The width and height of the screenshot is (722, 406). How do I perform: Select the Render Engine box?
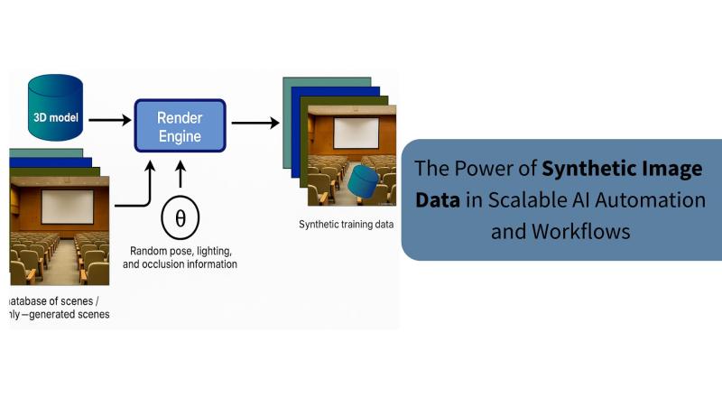(x=180, y=126)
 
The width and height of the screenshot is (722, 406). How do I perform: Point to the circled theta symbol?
(x=180, y=217)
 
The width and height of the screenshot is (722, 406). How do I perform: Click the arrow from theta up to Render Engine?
(x=180, y=175)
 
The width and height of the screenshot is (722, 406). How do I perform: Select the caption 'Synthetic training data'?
(x=346, y=224)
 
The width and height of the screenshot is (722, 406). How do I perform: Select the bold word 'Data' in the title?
(x=437, y=199)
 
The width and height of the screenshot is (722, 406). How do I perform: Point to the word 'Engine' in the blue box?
(x=180, y=137)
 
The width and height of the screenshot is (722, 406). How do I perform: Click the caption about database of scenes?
(x=60, y=307)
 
